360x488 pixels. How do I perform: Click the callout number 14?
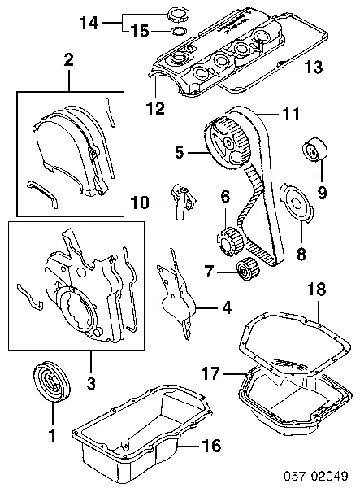pyautogui.click(x=89, y=23)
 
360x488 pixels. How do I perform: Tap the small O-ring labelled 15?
pyautogui.click(x=179, y=32)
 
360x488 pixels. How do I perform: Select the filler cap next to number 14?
pyautogui.click(x=176, y=15)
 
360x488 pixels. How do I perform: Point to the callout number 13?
pyautogui.click(x=313, y=68)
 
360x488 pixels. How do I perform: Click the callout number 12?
pyautogui.click(x=155, y=107)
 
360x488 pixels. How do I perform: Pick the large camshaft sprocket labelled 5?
pyautogui.click(x=227, y=142)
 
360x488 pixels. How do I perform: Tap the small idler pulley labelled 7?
pyautogui.click(x=247, y=269)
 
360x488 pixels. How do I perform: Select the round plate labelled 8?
pyautogui.click(x=296, y=203)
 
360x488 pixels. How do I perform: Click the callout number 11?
pyautogui.click(x=291, y=114)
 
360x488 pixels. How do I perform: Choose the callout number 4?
pyautogui.click(x=228, y=307)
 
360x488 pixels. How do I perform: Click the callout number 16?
pyautogui.click(x=212, y=446)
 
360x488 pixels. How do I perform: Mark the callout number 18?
pyautogui.click(x=316, y=289)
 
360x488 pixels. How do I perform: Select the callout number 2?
pyautogui.click(x=69, y=60)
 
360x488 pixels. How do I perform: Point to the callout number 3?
pyautogui.click(x=91, y=383)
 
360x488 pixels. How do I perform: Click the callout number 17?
pyautogui.click(x=210, y=373)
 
